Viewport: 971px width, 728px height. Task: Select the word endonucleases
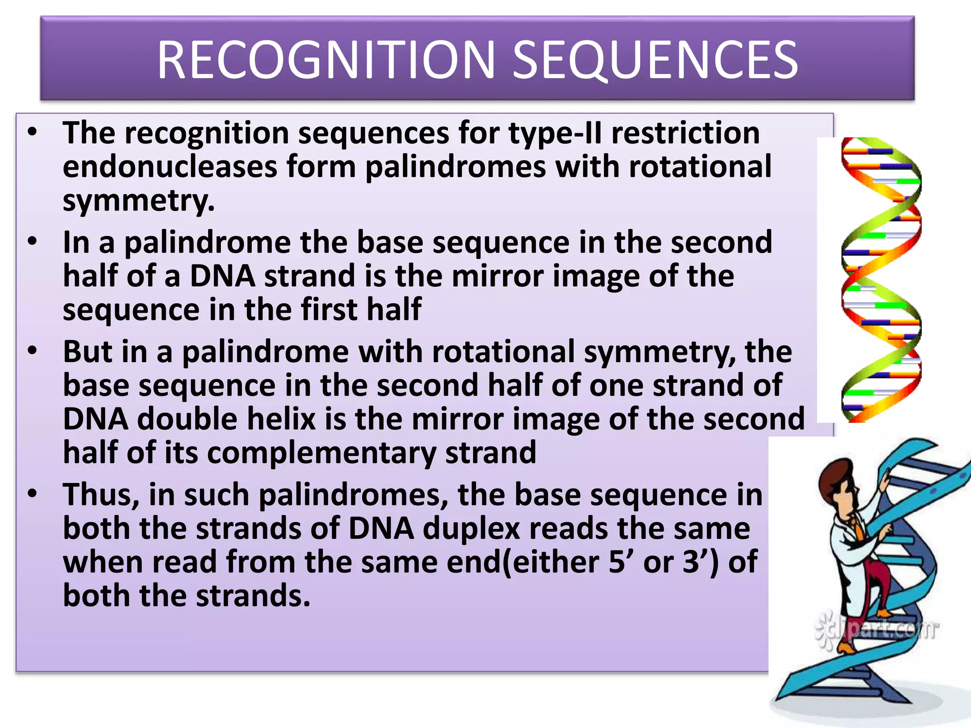click(x=170, y=167)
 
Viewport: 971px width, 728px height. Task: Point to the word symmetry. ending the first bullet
click(x=138, y=201)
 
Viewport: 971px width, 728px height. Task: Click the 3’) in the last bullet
click(x=700, y=562)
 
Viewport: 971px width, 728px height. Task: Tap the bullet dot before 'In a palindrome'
click(x=32, y=242)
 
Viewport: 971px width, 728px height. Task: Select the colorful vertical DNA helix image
click(x=881, y=280)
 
